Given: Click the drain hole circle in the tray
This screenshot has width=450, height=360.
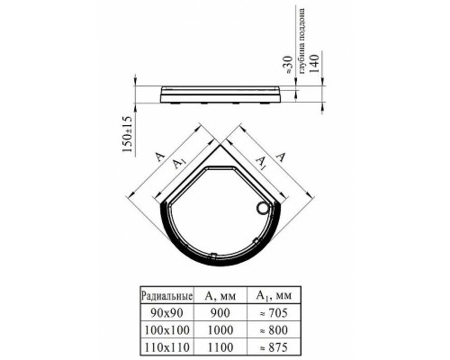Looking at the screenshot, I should pos(264,209).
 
